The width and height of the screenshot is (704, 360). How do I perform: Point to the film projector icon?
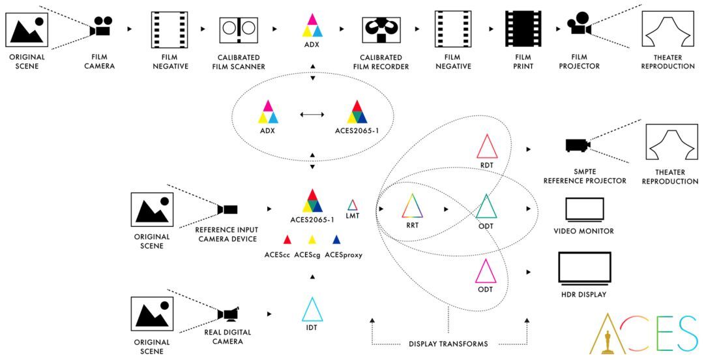579,26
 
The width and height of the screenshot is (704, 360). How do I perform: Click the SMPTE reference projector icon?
578,145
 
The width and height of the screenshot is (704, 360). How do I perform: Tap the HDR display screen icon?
584,269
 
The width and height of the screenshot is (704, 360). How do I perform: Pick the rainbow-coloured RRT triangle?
412,207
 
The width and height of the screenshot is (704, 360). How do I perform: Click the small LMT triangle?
353,205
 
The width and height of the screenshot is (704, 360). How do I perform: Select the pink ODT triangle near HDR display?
486,271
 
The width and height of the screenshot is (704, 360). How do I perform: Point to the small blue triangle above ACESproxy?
336,240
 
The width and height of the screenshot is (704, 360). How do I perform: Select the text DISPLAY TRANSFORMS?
448,344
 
